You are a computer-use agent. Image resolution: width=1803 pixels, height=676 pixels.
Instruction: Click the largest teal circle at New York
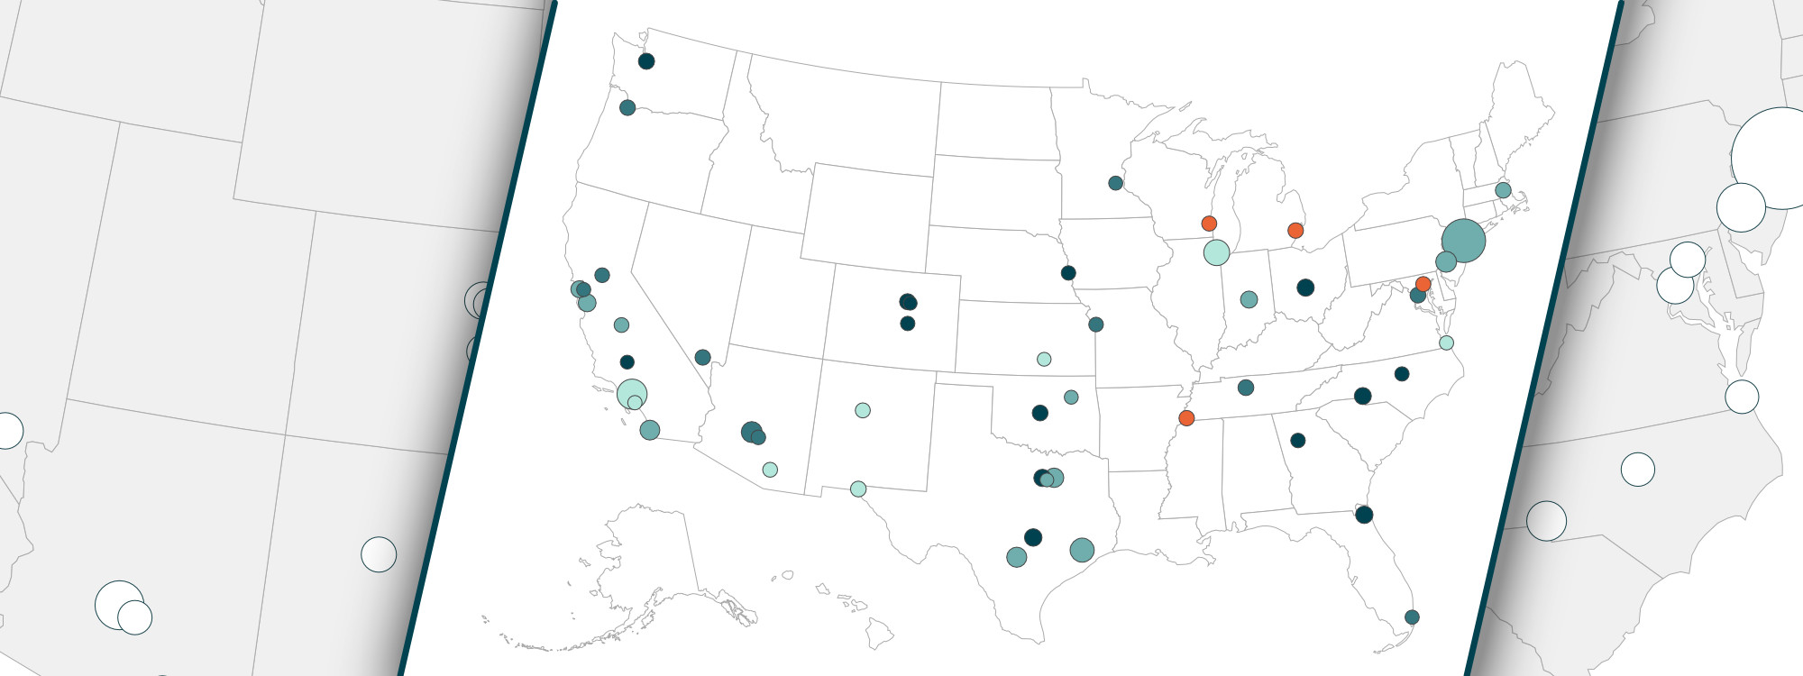(1463, 241)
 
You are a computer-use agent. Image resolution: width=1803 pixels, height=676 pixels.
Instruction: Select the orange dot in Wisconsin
(1209, 224)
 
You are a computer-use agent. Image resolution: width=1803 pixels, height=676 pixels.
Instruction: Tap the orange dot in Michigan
(1295, 231)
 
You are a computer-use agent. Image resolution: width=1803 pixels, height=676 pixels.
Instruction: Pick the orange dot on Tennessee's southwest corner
(1186, 418)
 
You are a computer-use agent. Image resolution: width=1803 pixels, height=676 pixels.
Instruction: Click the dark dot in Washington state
(646, 61)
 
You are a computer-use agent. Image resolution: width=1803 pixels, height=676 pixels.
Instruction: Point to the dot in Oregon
(627, 108)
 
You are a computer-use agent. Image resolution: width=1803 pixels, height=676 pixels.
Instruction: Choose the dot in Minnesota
(1115, 183)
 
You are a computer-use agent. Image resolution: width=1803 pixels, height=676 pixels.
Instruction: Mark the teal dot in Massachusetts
(1503, 190)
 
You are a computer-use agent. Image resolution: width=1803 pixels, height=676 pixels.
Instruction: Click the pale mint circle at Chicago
(1216, 252)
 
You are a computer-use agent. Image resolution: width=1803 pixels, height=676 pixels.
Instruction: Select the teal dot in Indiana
(1249, 299)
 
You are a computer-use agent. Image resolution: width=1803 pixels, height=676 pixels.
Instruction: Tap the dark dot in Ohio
(1305, 288)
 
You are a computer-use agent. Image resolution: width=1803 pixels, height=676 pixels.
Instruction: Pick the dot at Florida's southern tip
(1412, 617)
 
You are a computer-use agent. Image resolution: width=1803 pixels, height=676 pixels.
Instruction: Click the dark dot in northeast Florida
(1364, 515)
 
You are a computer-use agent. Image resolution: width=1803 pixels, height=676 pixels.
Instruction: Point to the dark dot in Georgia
(1298, 441)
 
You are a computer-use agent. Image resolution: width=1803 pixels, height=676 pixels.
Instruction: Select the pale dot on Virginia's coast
(1446, 343)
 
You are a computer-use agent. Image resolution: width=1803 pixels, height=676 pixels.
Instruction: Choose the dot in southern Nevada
(703, 357)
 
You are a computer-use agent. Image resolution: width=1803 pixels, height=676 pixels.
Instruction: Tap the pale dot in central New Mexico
(863, 410)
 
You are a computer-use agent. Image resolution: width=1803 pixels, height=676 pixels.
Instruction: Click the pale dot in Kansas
(1044, 359)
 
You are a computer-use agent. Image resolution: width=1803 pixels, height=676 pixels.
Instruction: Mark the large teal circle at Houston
(1082, 550)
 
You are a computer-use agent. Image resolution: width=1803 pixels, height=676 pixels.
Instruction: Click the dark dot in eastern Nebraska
(1068, 273)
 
